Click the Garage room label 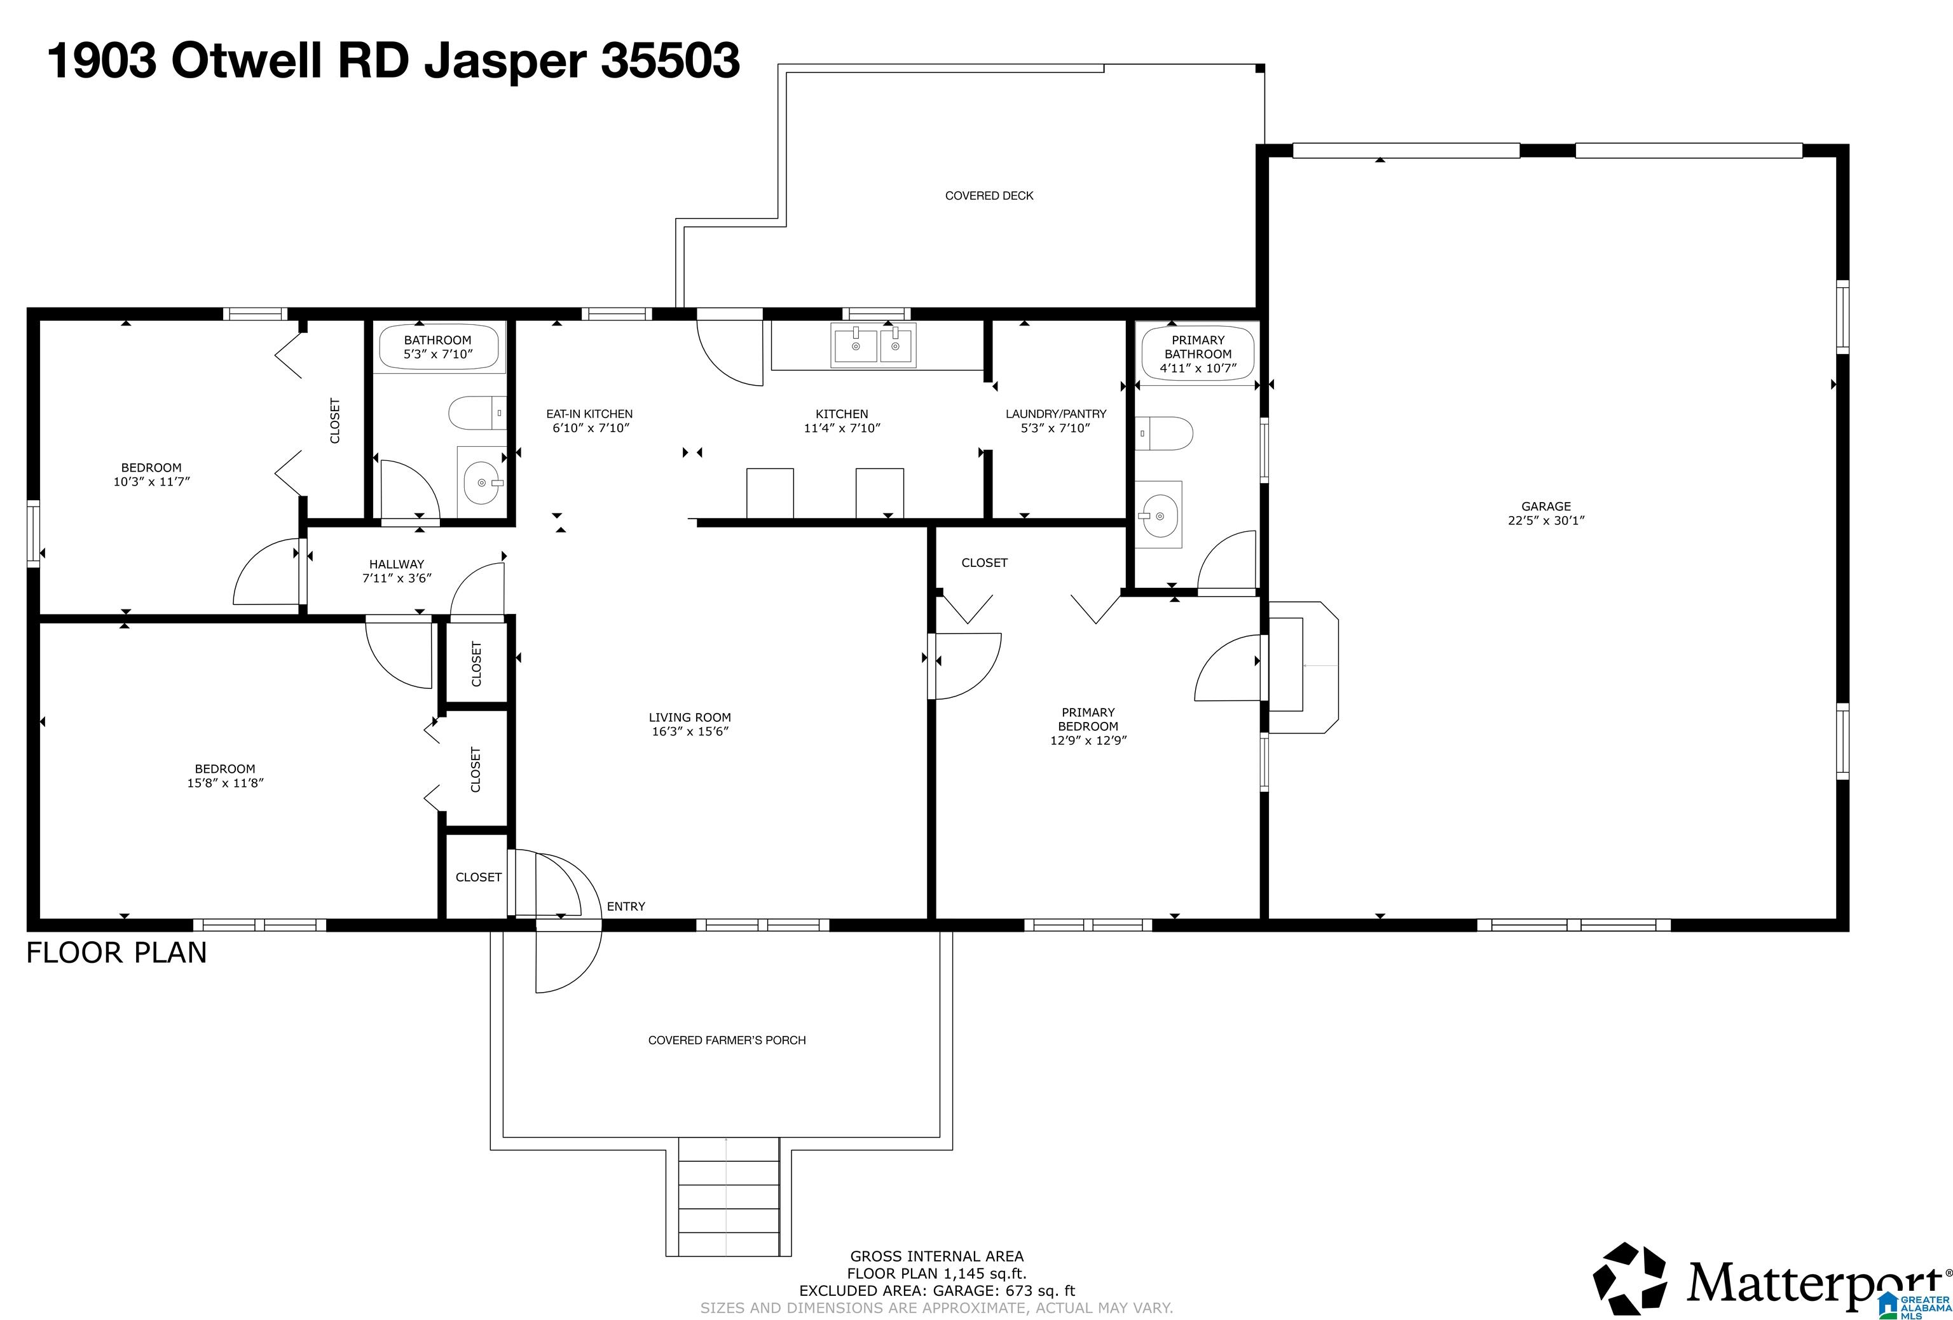[x=1545, y=507]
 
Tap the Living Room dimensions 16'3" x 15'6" [x=690, y=731]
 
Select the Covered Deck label [x=989, y=196]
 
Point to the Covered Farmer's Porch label [x=727, y=1040]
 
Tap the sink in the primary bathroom [x=1159, y=514]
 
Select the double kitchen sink [x=873, y=344]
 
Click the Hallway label [x=397, y=564]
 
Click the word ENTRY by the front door [x=626, y=907]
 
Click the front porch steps [x=729, y=1197]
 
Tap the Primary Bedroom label [x=1088, y=719]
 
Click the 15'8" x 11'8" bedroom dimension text [x=225, y=783]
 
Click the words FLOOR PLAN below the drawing [x=117, y=953]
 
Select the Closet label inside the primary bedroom [x=984, y=563]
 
